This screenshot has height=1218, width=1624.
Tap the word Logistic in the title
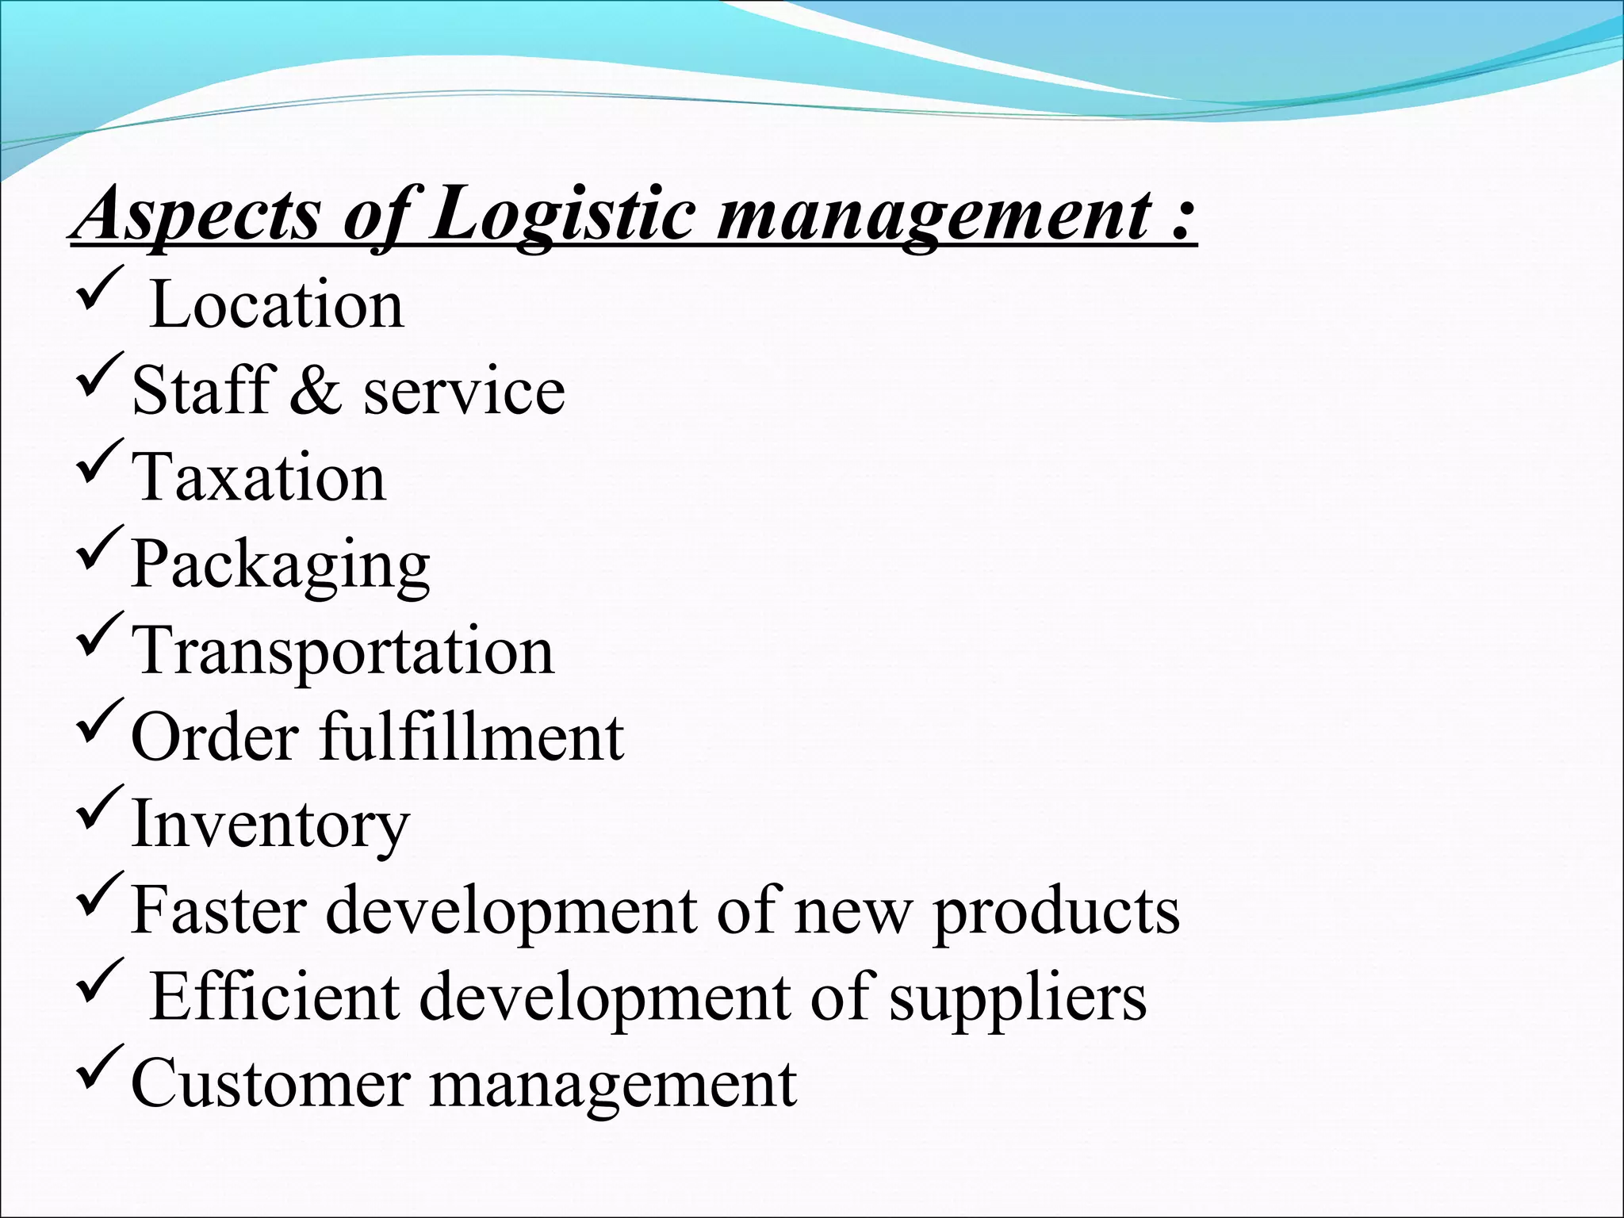(561, 216)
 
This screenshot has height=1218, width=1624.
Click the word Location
(276, 305)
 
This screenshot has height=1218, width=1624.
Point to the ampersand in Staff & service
(316, 390)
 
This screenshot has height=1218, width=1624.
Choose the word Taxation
(259, 477)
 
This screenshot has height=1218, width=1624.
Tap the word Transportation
(343, 651)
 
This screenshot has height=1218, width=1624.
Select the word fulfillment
(472, 737)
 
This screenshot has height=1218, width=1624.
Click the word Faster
(219, 910)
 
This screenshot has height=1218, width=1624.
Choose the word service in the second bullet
(464, 392)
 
